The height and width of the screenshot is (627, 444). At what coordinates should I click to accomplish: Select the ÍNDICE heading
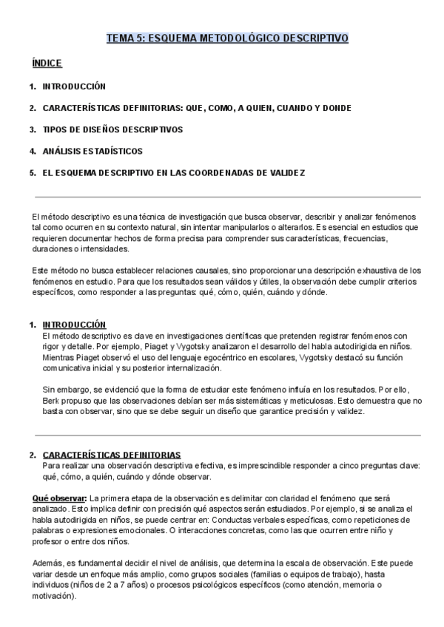(x=47, y=64)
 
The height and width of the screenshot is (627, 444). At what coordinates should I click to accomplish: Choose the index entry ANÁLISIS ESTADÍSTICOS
(x=92, y=151)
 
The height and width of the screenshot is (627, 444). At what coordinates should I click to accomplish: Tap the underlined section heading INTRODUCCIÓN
(x=74, y=325)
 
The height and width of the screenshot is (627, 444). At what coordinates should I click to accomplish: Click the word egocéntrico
(x=211, y=356)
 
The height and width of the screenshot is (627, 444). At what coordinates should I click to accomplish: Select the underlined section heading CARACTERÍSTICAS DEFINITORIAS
(x=112, y=455)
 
